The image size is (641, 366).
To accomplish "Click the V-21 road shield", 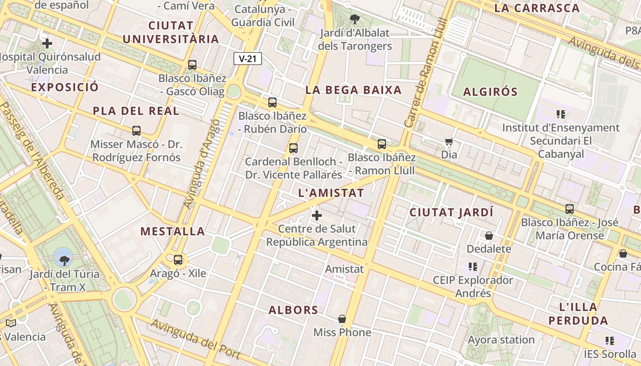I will pos(247,59).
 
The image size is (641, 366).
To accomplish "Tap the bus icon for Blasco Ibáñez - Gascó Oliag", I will pos(192,65).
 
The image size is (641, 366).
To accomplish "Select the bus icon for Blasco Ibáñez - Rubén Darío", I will pos(272,102).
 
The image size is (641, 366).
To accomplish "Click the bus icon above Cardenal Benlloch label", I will pos(293,148).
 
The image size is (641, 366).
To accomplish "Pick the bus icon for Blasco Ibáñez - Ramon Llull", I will pos(382,145).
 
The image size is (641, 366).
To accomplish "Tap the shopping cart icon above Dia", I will pos(449,142).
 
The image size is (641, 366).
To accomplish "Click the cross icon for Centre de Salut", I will pos(316,215).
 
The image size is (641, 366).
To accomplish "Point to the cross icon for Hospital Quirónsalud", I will pos(47,43).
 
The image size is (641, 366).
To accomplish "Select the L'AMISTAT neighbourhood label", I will pos(331,193).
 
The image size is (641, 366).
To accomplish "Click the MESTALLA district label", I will pos(173,231).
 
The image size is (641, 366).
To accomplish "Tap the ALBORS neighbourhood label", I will pos(293,310).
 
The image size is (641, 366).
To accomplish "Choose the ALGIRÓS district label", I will pos(490,92).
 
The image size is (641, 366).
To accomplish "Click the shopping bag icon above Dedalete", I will pos(489,236).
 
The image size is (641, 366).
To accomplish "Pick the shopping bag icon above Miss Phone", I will pos(342,319).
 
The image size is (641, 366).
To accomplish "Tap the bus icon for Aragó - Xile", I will pos(178,260).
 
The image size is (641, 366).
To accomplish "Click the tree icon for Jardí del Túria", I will pos(64,260).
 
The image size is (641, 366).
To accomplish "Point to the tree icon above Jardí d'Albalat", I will pos(354,19).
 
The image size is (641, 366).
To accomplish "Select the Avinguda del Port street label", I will pos(196,339).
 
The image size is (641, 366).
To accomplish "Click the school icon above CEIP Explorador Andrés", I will pos(473,266).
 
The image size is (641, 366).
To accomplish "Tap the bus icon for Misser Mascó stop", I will pos(136,131).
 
